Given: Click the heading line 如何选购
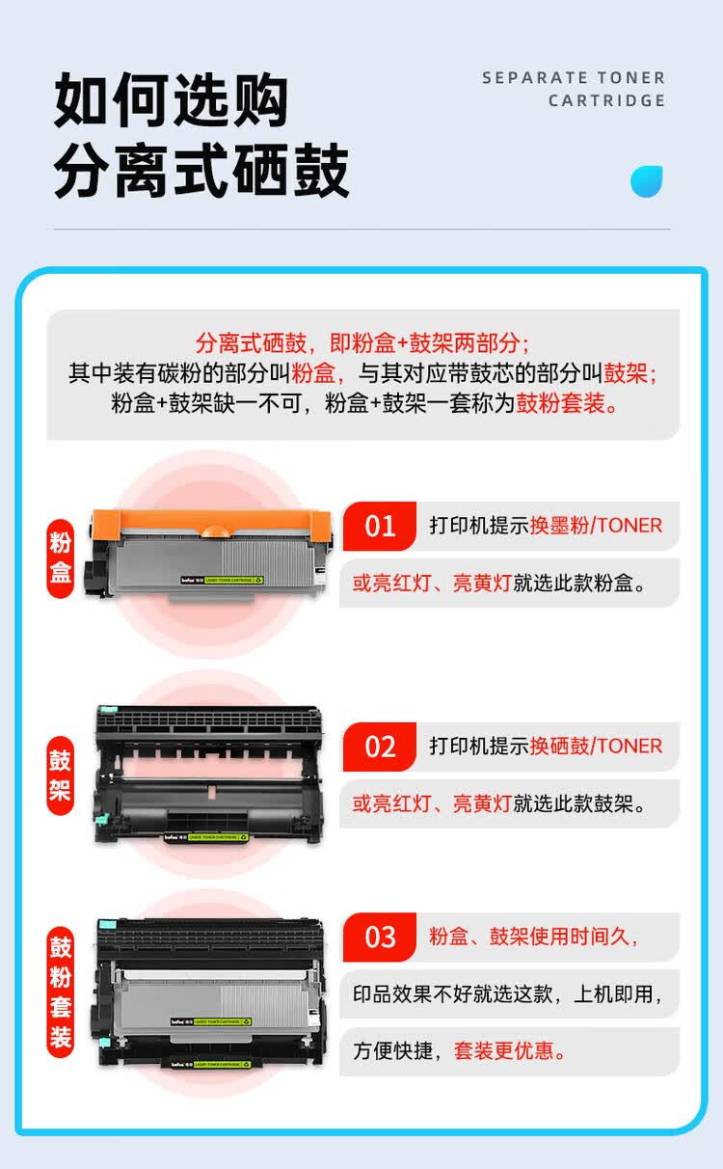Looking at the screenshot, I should coord(171,99).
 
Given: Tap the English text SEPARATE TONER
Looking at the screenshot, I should coord(574,78).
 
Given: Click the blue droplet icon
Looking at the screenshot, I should coord(647,180).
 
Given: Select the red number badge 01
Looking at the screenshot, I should coord(380,526).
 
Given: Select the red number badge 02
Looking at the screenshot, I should coord(380,747).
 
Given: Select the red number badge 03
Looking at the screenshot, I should coord(380,937).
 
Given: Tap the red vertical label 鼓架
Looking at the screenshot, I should coord(61,775).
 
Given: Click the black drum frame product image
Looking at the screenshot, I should coord(207,775).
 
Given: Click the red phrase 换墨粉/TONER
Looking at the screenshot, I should coord(596,526).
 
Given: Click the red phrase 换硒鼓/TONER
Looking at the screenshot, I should coord(596,747).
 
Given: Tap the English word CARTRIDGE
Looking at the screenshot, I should coord(607,101).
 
